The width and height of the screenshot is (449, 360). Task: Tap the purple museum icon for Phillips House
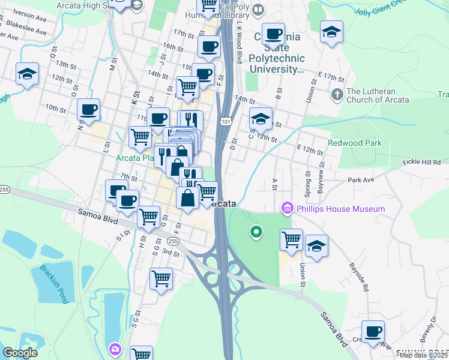[287, 209]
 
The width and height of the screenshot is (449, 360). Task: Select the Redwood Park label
[354, 143]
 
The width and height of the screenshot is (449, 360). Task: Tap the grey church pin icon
[337, 95]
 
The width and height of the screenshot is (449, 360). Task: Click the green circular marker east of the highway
[256, 230]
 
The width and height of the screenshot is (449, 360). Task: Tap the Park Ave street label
[360, 179]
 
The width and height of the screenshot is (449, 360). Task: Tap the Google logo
[20, 353]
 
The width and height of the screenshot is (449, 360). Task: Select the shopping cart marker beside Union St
[292, 239]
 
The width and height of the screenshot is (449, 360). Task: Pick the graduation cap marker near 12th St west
[27, 74]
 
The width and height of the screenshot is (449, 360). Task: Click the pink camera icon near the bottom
[115, 349]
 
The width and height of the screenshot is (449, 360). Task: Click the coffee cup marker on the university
[273, 34]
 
